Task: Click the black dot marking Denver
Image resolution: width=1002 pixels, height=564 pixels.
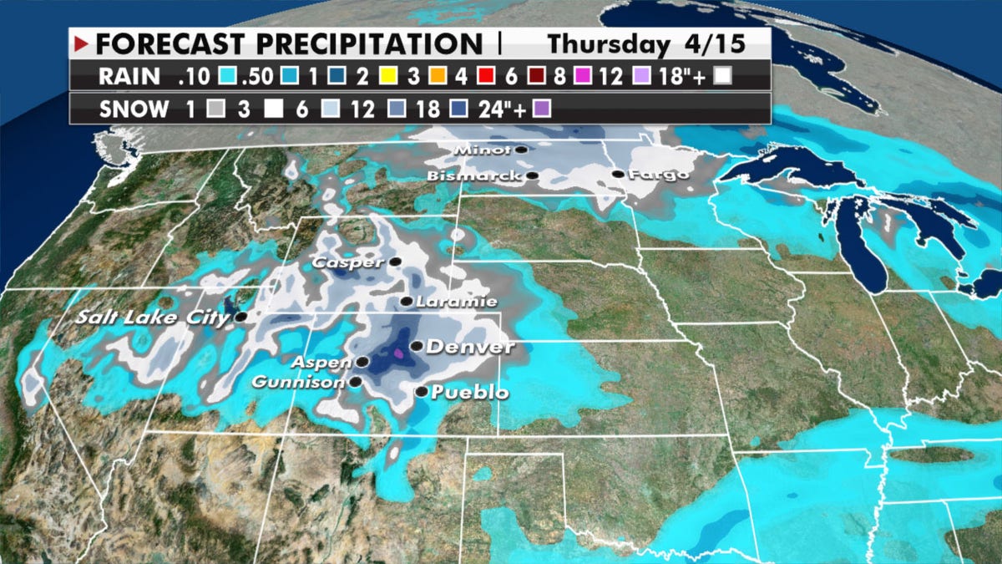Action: (416, 346)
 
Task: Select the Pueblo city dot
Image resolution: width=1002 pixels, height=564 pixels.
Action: (422, 391)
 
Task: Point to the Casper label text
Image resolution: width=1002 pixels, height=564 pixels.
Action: (348, 262)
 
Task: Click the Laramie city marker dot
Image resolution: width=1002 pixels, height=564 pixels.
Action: (406, 302)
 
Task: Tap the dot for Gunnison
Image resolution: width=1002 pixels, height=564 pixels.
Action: (356, 382)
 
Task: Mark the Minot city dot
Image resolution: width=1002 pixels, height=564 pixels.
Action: (521, 150)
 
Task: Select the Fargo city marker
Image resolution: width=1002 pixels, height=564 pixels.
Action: (617, 174)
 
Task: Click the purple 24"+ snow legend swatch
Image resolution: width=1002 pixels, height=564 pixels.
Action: (543, 109)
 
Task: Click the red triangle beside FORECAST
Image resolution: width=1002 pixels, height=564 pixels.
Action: (82, 43)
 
